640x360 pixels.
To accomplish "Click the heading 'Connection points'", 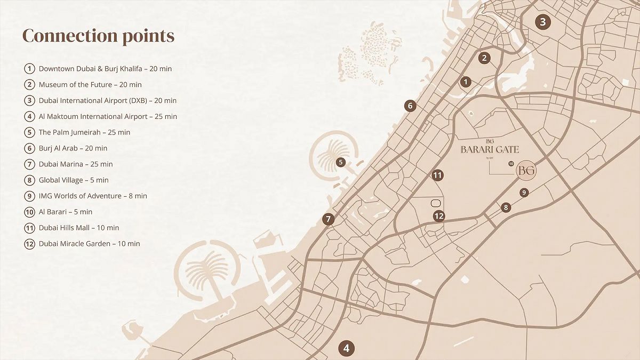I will click(x=98, y=36).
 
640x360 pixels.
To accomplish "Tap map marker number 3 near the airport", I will click(x=543, y=22).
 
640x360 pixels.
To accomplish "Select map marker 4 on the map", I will click(x=346, y=349).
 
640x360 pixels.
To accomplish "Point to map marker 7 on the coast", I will click(x=329, y=219).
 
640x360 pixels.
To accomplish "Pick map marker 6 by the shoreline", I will click(x=410, y=106).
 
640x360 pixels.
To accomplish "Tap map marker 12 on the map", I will click(x=439, y=216).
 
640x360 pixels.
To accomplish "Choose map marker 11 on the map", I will click(x=437, y=175).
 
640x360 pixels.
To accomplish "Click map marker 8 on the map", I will click(x=506, y=207).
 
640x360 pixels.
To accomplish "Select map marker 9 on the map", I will click(x=524, y=193).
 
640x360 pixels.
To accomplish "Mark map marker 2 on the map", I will click(x=484, y=58).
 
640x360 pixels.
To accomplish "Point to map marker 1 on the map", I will click(x=466, y=82).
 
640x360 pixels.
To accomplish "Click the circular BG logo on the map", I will click(x=526, y=171).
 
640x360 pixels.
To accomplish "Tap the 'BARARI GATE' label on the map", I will click(x=490, y=150).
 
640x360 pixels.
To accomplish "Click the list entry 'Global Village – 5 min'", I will click(x=74, y=180).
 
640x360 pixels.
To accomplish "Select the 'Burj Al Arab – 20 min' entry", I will click(x=73, y=148).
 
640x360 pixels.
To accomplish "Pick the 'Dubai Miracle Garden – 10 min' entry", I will click(x=89, y=244).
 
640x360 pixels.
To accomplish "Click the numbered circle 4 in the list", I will click(x=29, y=116).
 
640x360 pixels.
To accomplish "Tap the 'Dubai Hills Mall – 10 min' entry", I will click(x=79, y=228).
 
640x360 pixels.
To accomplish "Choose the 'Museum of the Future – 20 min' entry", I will click(x=90, y=85).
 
